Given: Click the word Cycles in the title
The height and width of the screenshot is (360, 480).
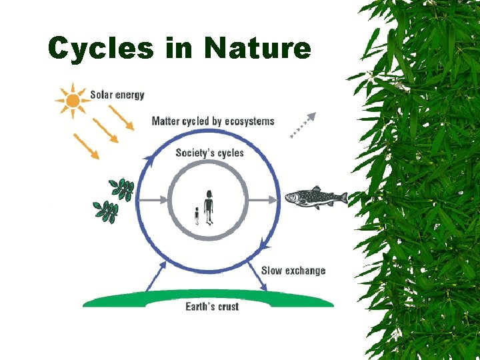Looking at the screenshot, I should tap(101, 48).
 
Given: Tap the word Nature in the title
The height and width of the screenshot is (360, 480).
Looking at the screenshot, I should tap(258, 48).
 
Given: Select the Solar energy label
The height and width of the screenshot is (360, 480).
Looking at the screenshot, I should tap(117, 95).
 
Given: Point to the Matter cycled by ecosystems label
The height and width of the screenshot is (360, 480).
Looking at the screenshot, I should tap(213, 121).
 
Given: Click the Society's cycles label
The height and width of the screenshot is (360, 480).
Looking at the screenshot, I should tap(209, 153).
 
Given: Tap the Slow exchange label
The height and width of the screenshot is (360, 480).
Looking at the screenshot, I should tap(293, 270).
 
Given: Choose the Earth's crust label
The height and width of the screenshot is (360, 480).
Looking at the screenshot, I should tap(212, 306).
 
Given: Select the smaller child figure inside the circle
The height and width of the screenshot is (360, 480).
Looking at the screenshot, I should tap(197, 216).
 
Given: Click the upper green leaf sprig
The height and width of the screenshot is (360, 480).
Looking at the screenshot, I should tap(122, 189).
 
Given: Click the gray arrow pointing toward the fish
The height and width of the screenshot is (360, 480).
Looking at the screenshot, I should tap(261, 198).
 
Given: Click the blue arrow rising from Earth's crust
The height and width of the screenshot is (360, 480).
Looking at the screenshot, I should tap(155, 275).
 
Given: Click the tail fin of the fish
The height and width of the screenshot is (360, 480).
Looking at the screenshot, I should tap(342, 197).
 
